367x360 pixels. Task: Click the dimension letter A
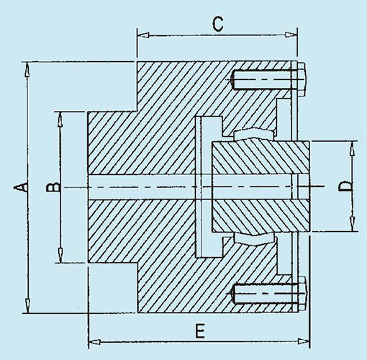(x=20, y=186)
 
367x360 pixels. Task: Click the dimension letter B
(x=53, y=187)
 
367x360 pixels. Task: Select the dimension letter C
(x=218, y=24)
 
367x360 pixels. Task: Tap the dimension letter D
(x=345, y=186)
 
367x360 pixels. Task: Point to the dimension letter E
(x=200, y=330)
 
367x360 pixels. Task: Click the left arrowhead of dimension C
(x=143, y=35)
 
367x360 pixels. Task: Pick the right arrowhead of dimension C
(x=291, y=35)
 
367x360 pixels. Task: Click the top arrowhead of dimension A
(x=27, y=69)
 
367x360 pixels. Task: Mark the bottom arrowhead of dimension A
(x=28, y=305)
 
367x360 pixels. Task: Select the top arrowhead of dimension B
(x=60, y=119)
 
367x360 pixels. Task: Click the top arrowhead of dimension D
(x=352, y=148)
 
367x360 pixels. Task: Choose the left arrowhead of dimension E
(x=95, y=341)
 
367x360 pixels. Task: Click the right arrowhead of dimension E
(x=303, y=341)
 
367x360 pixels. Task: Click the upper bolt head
(x=302, y=79)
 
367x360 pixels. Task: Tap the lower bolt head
(x=302, y=293)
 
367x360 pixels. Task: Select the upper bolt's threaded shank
(x=263, y=79)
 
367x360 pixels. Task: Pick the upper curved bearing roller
(x=254, y=134)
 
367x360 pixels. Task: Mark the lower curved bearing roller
(x=255, y=239)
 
